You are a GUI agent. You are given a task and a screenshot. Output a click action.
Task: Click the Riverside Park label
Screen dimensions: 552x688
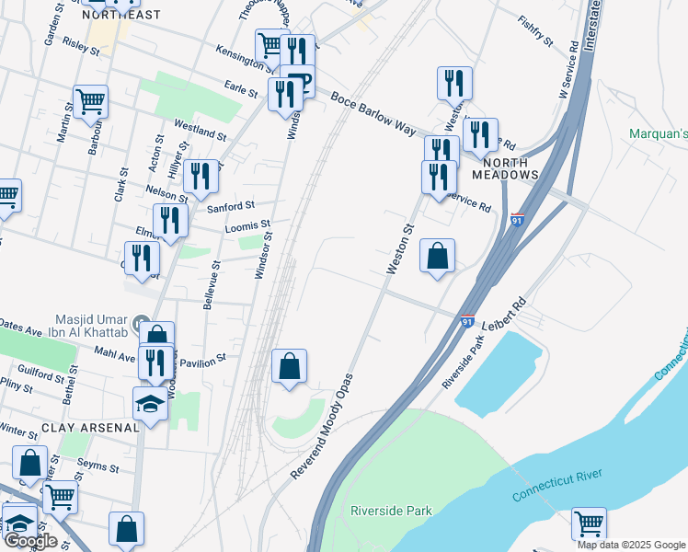[x=391, y=510]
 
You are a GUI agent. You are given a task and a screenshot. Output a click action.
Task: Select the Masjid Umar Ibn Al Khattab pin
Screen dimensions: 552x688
[x=141, y=323]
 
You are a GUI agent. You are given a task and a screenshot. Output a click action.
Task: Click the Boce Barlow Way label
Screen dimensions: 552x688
[x=373, y=113]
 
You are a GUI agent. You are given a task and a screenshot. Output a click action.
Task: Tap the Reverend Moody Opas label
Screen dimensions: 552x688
[x=322, y=426]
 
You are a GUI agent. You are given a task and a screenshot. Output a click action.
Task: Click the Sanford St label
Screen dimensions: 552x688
[x=229, y=207]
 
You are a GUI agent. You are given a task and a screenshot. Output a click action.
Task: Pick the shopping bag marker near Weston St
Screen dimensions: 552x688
[x=438, y=256]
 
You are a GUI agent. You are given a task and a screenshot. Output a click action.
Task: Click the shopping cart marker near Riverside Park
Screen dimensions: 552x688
[x=589, y=524]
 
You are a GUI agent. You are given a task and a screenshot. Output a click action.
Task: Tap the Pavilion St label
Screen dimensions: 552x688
[x=208, y=361]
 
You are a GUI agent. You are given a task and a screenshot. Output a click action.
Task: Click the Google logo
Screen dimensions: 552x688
[x=29, y=542]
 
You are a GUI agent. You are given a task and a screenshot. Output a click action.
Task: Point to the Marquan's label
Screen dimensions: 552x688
[x=659, y=134]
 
